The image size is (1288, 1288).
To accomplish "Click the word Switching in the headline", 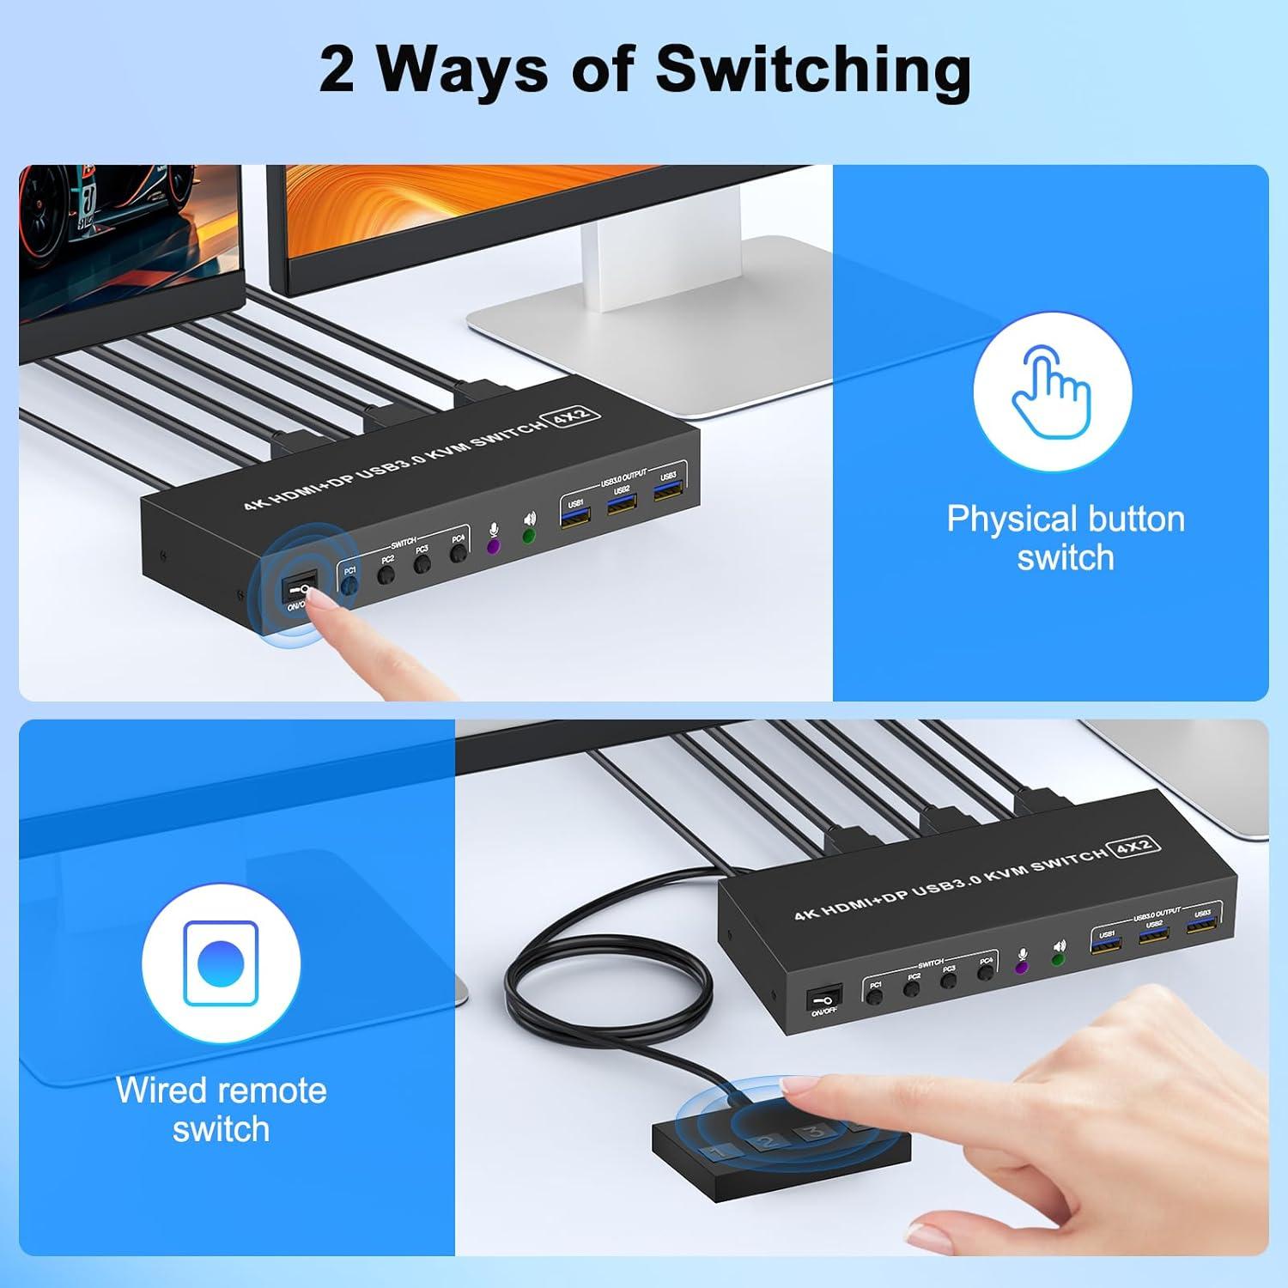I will pos(813,70).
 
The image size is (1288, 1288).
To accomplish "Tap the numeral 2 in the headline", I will pos(336,71).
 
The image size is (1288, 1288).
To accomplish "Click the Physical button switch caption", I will pos(1065,538).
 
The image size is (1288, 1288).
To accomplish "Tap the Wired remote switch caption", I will pos(221,1109).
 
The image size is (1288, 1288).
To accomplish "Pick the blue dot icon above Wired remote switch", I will pos(222,963).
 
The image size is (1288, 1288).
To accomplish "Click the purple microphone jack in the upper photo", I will pos(494,546).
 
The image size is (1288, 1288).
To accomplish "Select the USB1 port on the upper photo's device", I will pos(575,517).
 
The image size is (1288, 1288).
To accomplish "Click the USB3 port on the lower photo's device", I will pos(1202,925).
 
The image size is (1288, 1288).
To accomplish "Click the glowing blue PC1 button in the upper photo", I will pos(349,584).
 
